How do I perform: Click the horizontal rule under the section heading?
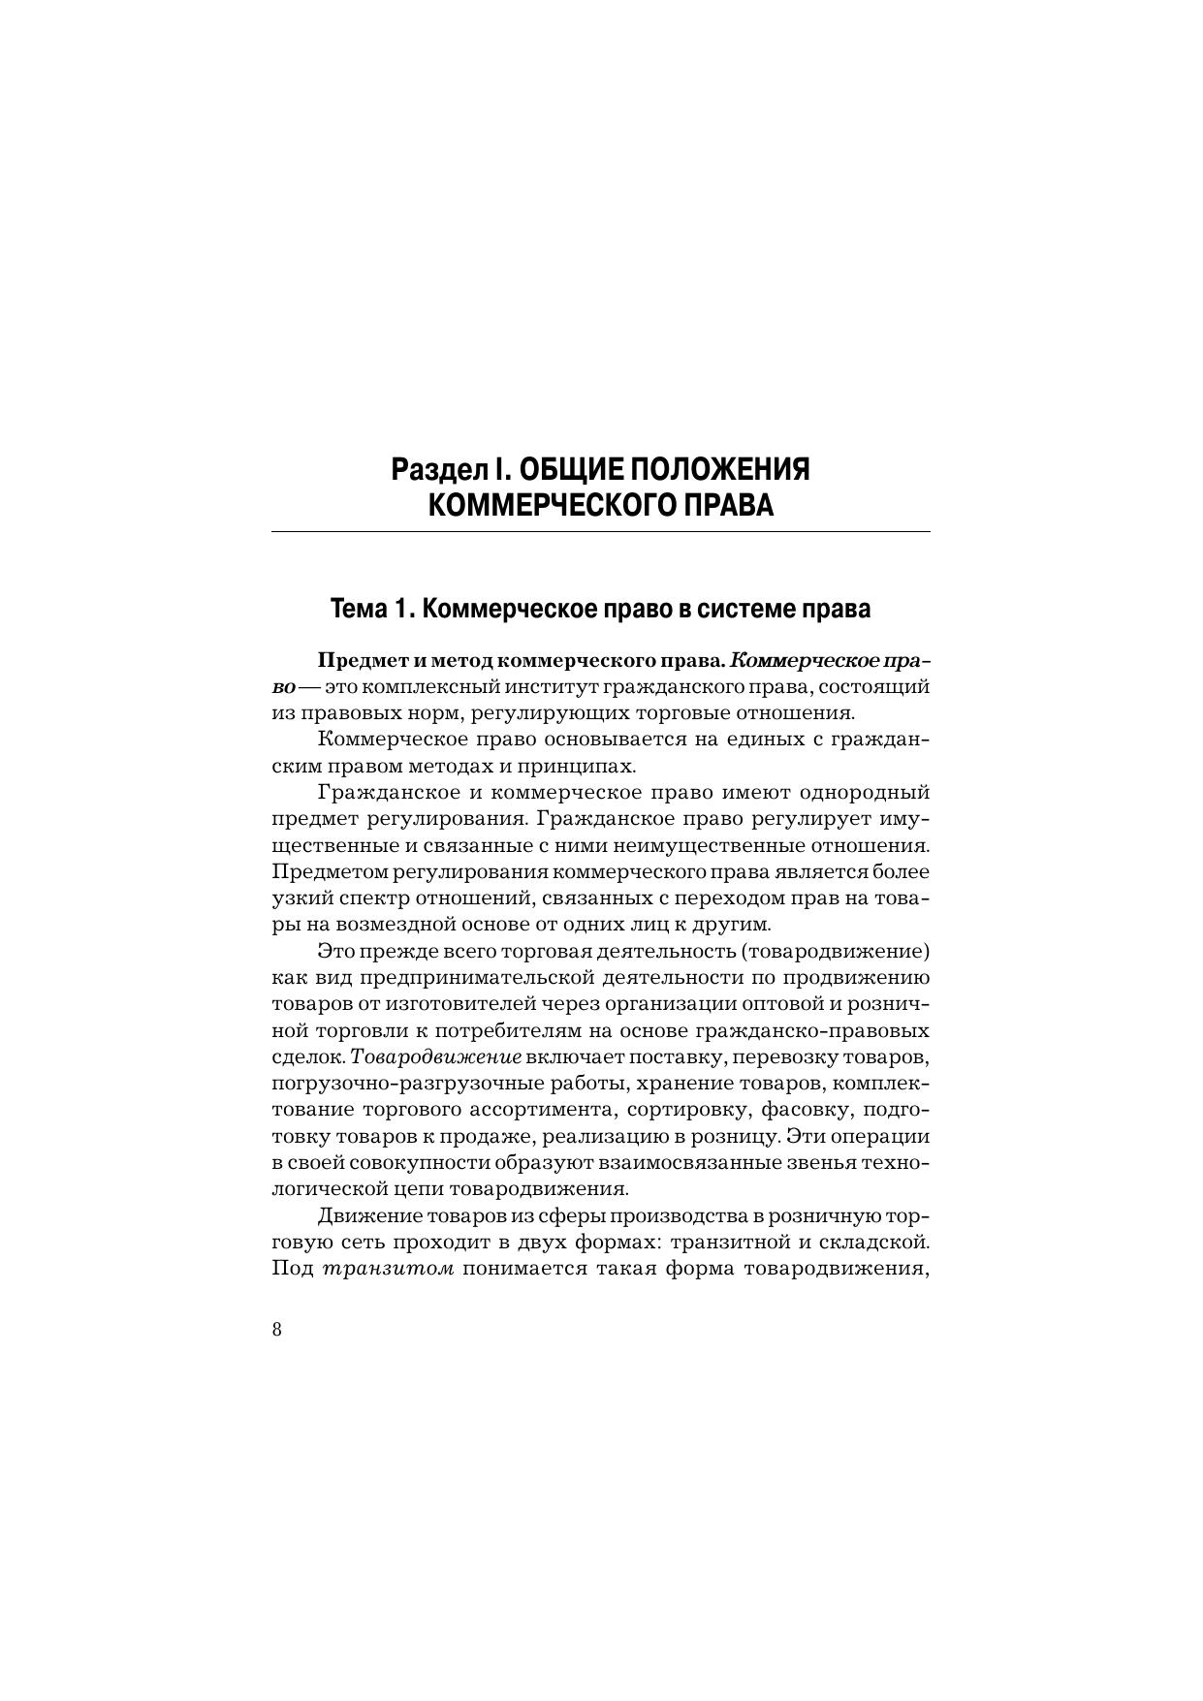pos(600,532)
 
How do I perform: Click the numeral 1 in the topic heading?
pos(400,609)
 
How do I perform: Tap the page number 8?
pos(277,1329)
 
